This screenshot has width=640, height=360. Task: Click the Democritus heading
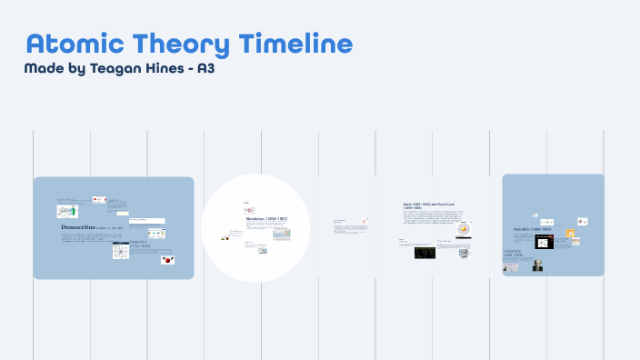(x=82, y=226)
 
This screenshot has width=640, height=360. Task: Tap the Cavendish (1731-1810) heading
(x=139, y=244)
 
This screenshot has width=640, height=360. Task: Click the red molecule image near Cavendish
(x=166, y=259)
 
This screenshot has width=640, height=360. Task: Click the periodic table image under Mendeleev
(x=282, y=234)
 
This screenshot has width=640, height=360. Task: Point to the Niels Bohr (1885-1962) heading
(x=534, y=229)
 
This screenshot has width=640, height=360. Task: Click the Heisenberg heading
(x=515, y=253)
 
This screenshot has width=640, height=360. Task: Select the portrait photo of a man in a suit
(x=537, y=265)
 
